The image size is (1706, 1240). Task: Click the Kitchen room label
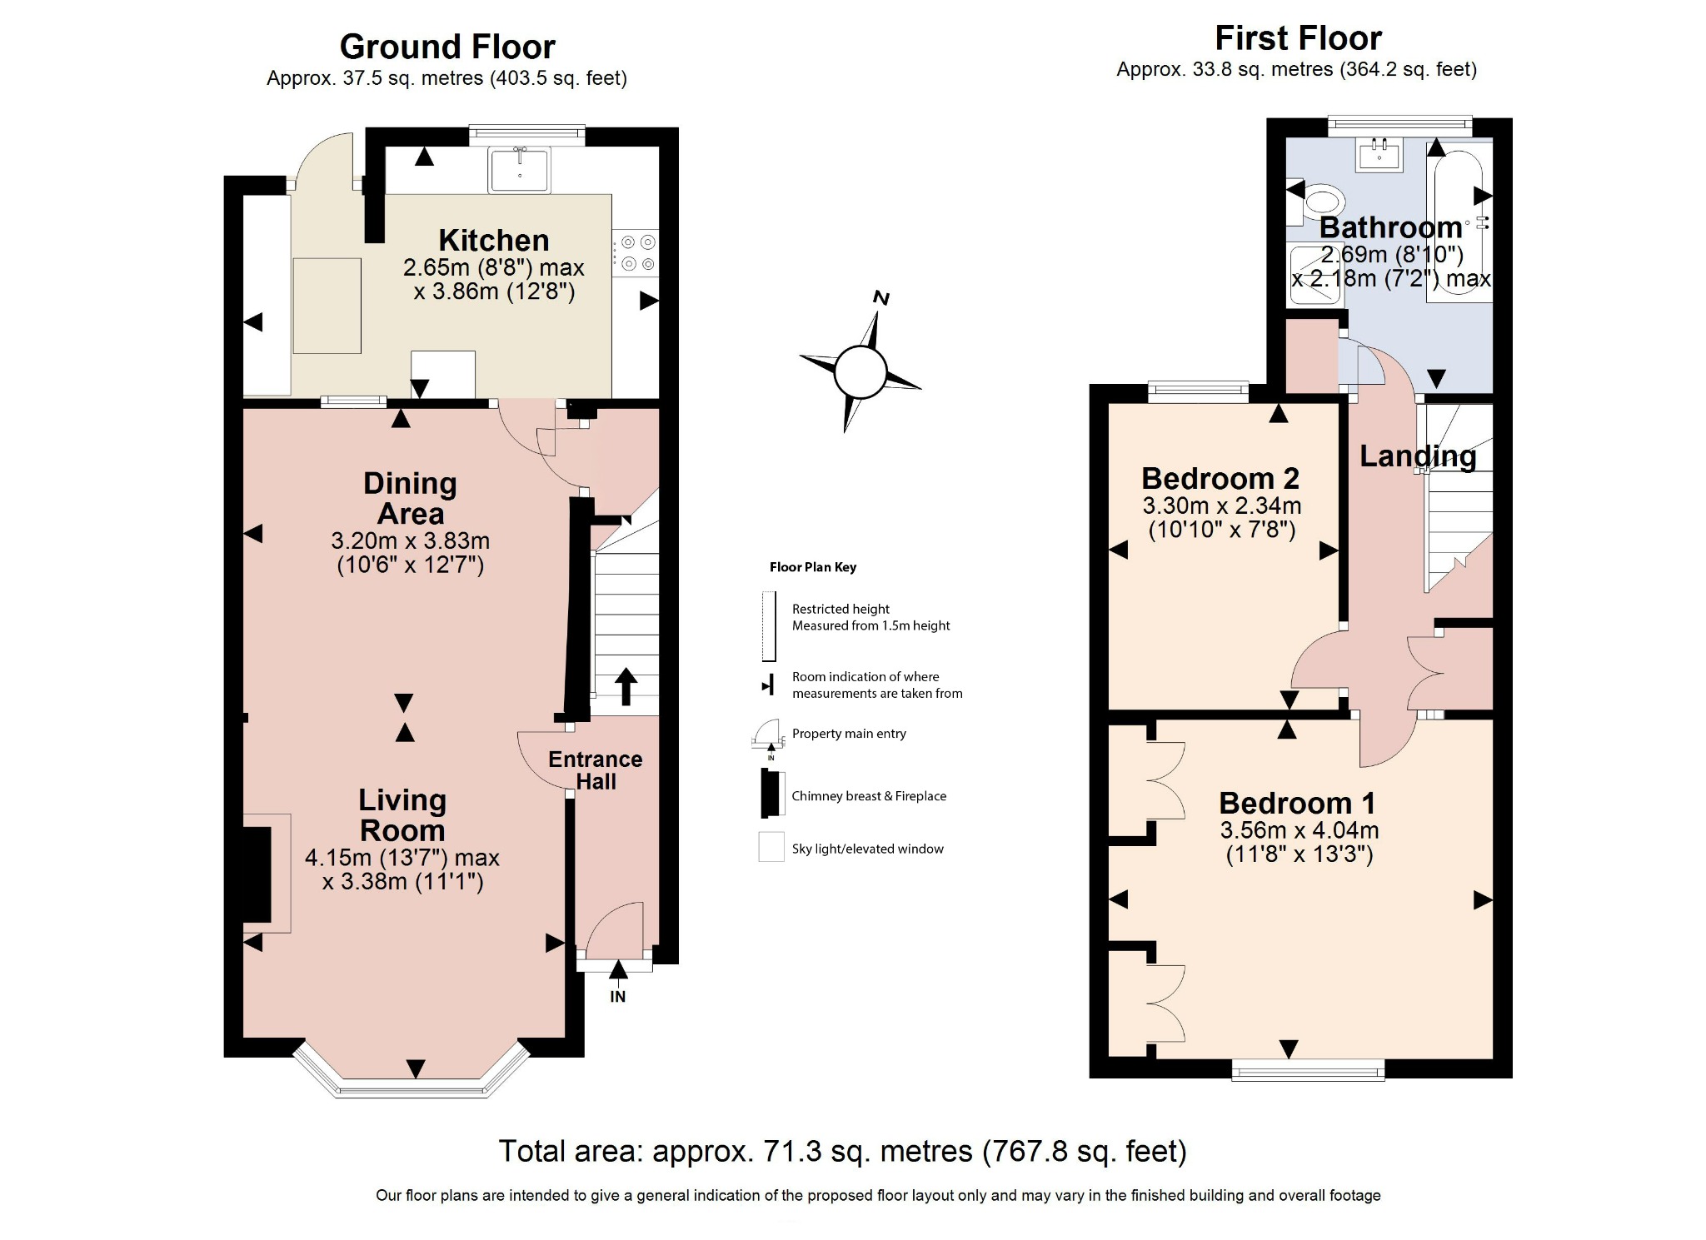(493, 241)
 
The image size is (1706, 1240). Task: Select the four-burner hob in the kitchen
(636, 253)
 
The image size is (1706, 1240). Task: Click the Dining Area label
(410, 498)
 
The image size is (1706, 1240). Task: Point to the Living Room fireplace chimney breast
(257, 874)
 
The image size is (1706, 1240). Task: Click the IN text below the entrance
(617, 997)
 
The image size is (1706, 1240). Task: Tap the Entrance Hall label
(595, 770)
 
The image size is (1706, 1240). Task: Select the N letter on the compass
(880, 298)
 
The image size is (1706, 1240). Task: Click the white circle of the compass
(860, 372)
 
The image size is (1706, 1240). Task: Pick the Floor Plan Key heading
(812, 567)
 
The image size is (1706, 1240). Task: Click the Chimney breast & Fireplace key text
(868, 796)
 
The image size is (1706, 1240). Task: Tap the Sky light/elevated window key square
(771, 846)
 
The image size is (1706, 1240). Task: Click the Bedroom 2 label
(1220, 479)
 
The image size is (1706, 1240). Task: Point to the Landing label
(1417, 456)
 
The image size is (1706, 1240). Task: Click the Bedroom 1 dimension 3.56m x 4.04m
(1299, 830)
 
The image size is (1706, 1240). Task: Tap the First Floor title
(1297, 38)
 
